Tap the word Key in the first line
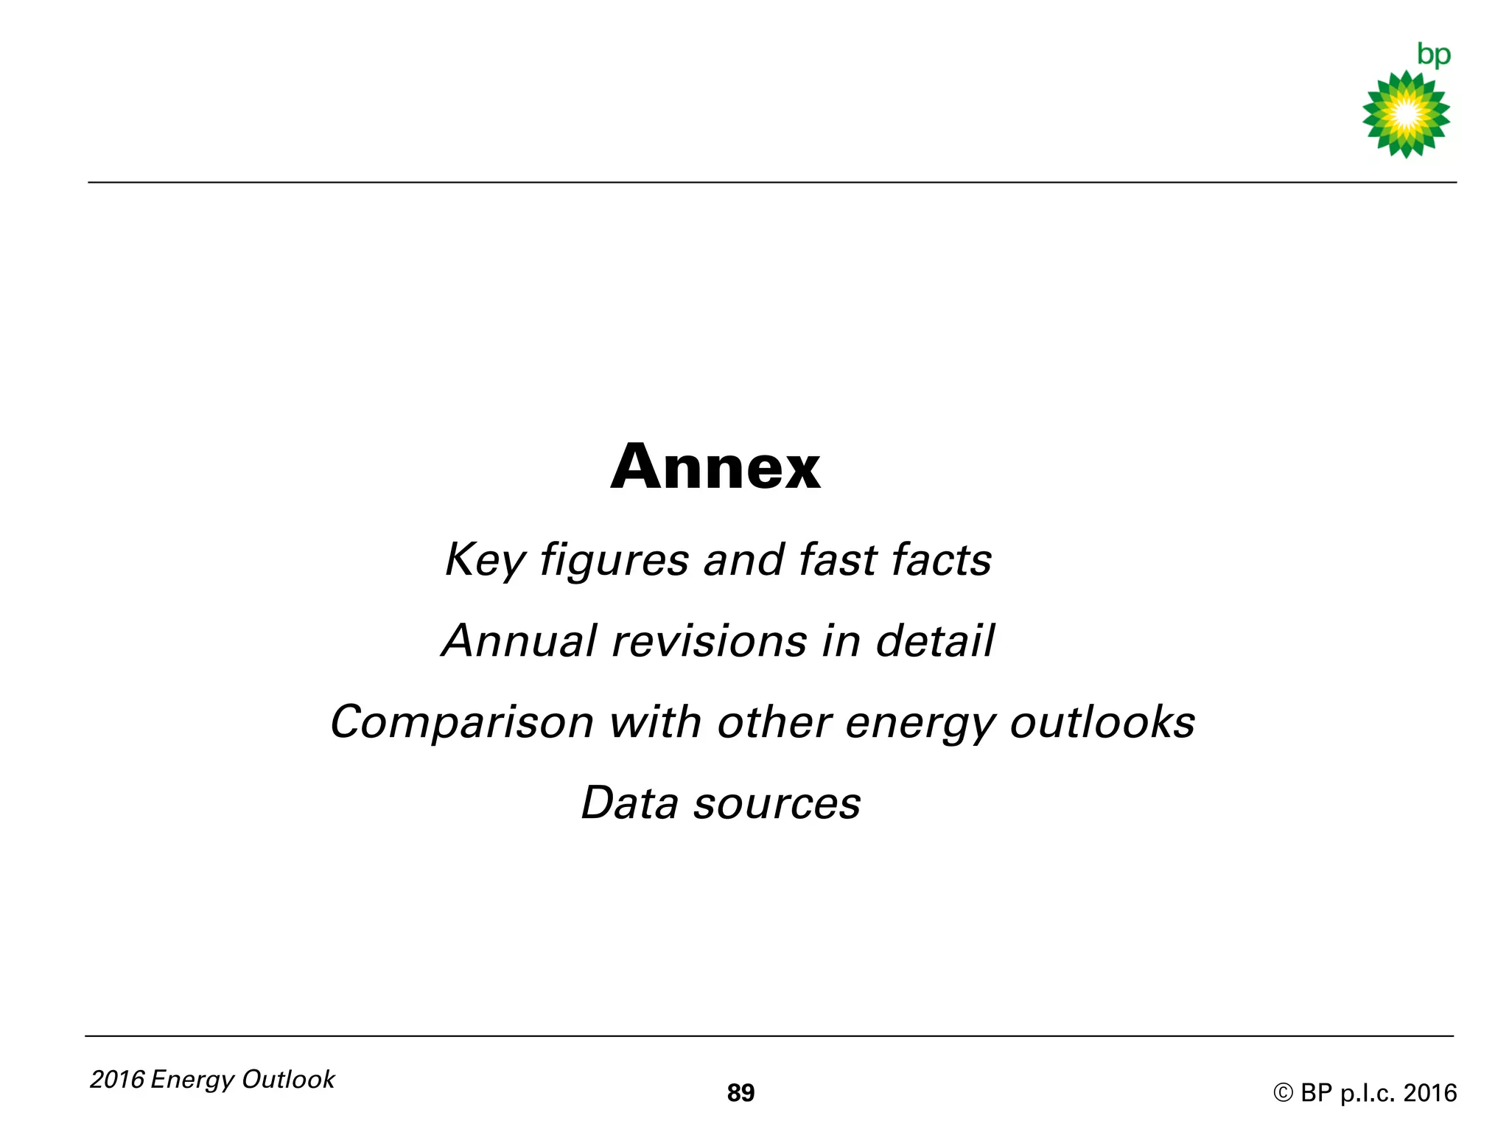pyautogui.click(x=483, y=560)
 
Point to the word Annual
pyautogui.click(x=519, y=640)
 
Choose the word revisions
pyautogui.click(x=710, y=640)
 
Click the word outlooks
pyautogui.click(x=1102, y=722)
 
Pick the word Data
pyautogui.click(x=629, y=803)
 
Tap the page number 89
pyautogui.click(x=741, y=1093)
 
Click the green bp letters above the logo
pyautogui.click(x=1433, y=55)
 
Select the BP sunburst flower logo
pyautogui.click(x=1406, y=114)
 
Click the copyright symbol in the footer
pyautogui.click(x=1283, y=1093)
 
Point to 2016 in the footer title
pyautogui.click(x=117, y=1080)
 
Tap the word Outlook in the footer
pyautogui.click(x=288, y=1080)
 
